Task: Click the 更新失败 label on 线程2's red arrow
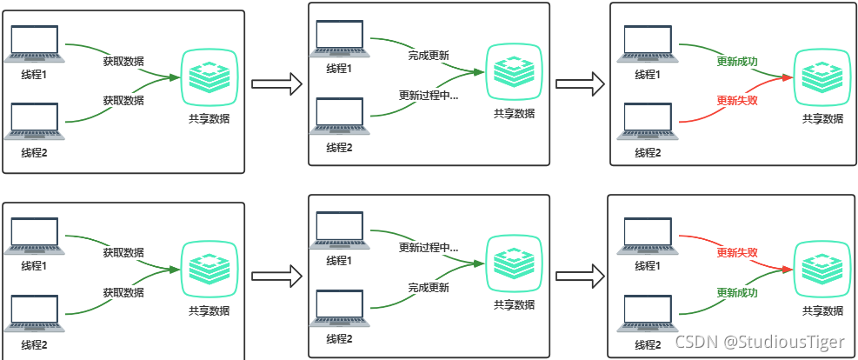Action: (737, 100)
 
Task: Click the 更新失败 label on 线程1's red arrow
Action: (737, 252)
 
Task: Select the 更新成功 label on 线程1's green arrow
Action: (737, 62)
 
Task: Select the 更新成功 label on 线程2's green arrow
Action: (737, 293)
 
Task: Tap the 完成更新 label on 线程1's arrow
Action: (429, 56)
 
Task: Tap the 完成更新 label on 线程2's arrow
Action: (429, 287)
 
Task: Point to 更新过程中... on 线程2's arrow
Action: (429, 96)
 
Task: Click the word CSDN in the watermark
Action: (696, 341)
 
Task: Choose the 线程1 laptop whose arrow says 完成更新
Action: (339, 40)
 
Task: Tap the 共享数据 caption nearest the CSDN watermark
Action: (822, 311)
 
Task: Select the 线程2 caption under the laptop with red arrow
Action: (648, 153)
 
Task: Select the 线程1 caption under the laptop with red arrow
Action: (648, 266)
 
